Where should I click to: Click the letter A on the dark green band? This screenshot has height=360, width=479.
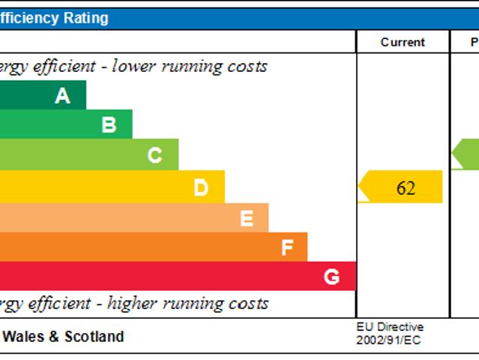62,95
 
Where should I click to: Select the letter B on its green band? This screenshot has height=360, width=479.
109,124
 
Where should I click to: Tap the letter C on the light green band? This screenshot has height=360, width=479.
154,155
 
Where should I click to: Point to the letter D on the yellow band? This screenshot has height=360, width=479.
201,187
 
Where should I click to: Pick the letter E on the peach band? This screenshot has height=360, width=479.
246,218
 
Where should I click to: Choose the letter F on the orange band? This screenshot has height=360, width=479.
287,247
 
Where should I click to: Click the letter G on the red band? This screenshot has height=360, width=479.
331,277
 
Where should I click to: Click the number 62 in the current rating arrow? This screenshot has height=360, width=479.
406,187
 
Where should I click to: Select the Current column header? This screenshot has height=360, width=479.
403,42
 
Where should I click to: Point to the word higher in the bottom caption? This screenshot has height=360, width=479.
136,304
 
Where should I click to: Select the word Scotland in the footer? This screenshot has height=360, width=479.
94,337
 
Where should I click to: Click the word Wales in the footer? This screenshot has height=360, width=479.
25,337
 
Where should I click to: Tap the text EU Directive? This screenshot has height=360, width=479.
390,328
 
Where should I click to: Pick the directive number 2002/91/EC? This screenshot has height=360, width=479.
388,340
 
